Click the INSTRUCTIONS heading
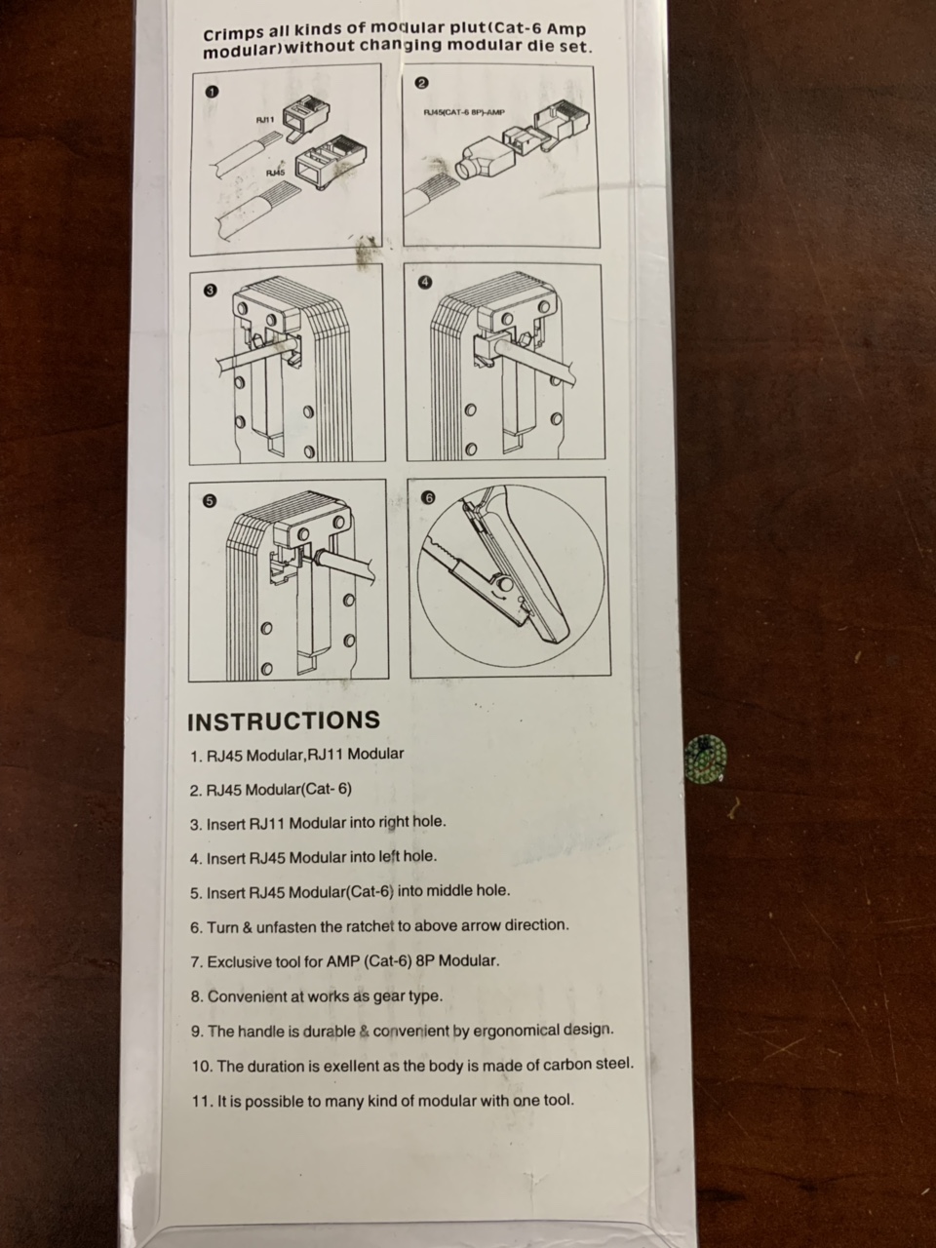point(284,721)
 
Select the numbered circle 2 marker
point(421,84)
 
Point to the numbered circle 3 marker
point(209,291)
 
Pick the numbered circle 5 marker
point(209,501)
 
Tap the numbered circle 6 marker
point(428,498)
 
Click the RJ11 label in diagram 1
point(265,120)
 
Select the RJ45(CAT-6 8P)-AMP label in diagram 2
point(464,113)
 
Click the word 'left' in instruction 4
point(389,857)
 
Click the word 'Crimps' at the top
point(232,33)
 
